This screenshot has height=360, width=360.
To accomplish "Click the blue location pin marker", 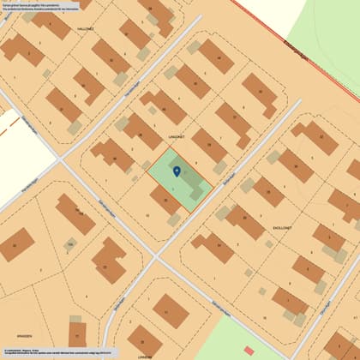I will [x=177, y=171].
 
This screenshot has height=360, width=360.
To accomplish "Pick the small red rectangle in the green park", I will [x=249, y=350].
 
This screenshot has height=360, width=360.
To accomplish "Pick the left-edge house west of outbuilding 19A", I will [x=17, y=249].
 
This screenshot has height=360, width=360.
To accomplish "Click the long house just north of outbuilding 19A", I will [x=75, y=213].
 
